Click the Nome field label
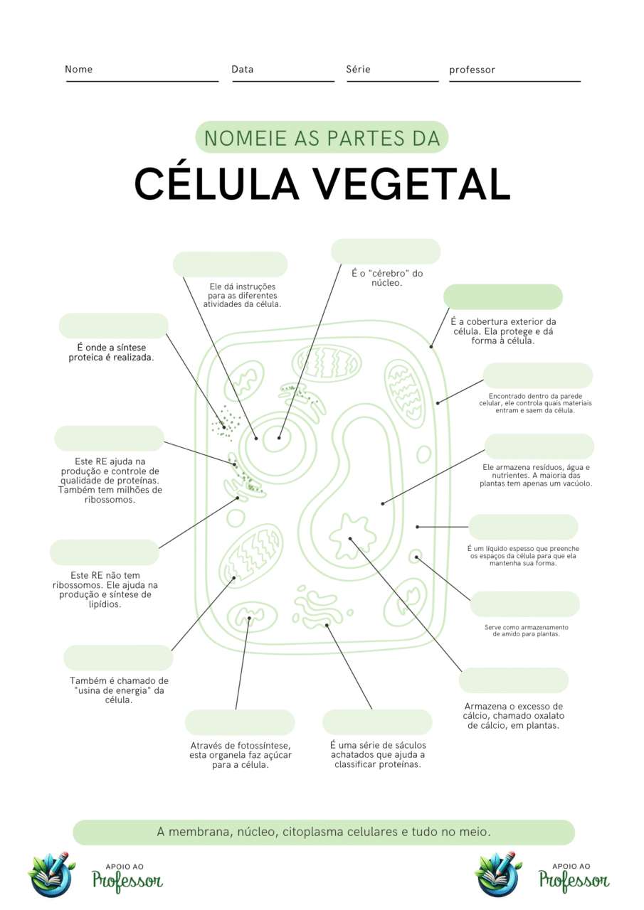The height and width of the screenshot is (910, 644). tap(78, 70)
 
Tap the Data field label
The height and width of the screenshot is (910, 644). tap(242, 70)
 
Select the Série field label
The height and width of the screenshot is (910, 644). tap(358, 70)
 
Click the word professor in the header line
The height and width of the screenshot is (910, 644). tap(472, 70)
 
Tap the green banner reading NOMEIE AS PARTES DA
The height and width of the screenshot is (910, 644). tap(322, 137)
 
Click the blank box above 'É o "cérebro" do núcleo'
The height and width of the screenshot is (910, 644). tap(386, 252)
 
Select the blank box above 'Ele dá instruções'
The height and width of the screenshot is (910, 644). tap(230, 264)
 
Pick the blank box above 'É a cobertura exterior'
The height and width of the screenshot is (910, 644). tap(502, 297)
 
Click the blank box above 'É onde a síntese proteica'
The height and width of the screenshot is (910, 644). tap(114, 326)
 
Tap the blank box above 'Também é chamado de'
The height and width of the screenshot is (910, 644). tap(118, 658)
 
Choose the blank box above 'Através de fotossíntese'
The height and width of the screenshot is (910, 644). tap(240, 722)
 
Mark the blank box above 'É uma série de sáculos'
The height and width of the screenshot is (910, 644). tap(377, 722)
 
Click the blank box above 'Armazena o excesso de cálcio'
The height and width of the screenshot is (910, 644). tap(513, 680)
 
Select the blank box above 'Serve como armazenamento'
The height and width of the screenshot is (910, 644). tap(524, 604)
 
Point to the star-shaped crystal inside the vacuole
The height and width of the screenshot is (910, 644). tap(352, 532)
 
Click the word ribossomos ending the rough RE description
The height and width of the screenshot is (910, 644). tap(110, 500)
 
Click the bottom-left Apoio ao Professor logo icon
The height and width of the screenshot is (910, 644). tap(51, 874)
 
